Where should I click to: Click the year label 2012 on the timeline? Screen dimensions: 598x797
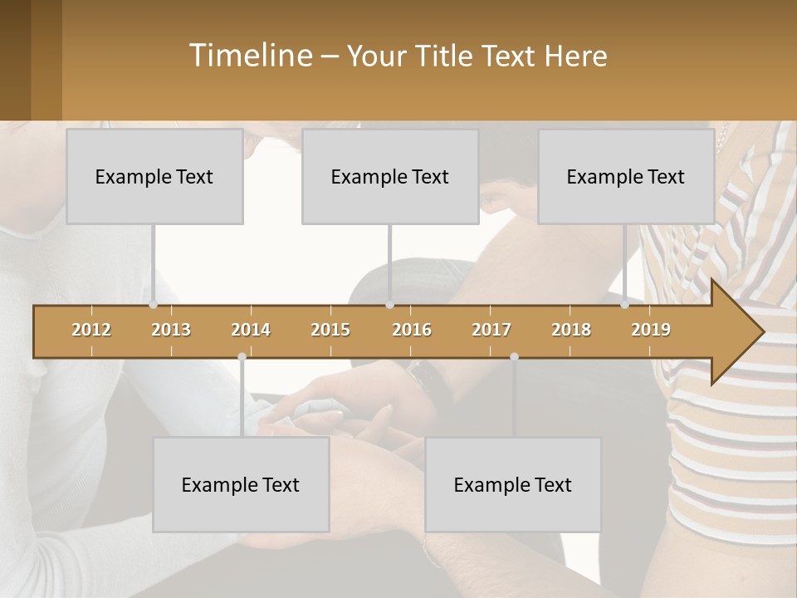[x=91, y=330]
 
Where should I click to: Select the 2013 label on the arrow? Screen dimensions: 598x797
[x=171, y=330]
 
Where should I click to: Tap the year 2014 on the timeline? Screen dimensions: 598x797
[x=251, y=330]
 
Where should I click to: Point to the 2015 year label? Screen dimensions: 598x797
[x=330, y=330]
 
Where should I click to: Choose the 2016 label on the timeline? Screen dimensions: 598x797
[x=412, y=330]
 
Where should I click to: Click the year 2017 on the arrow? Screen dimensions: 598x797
[x=491, y=330]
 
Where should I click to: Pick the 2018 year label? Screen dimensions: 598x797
[x=571, y=330]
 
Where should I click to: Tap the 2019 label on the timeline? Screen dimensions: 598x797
[x=651, y=330]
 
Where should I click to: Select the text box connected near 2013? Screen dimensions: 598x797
[x=154, y=176]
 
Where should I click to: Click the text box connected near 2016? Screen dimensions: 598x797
[x=390, y=176]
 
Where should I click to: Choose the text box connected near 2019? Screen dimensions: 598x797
[x=626, y=176]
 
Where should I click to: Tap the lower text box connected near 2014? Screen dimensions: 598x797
[x=241, y=484]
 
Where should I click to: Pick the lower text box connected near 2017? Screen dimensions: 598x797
[x=513, y=484]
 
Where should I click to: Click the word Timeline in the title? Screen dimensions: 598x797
[x=249, y=56]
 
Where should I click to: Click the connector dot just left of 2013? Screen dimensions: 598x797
[x=154, y=305]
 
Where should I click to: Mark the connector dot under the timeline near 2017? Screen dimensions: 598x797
[x=514, y=356]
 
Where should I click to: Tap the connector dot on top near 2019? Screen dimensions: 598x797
[x=625, y=305]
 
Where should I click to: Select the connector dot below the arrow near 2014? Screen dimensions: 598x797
[x=242, y=356]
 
